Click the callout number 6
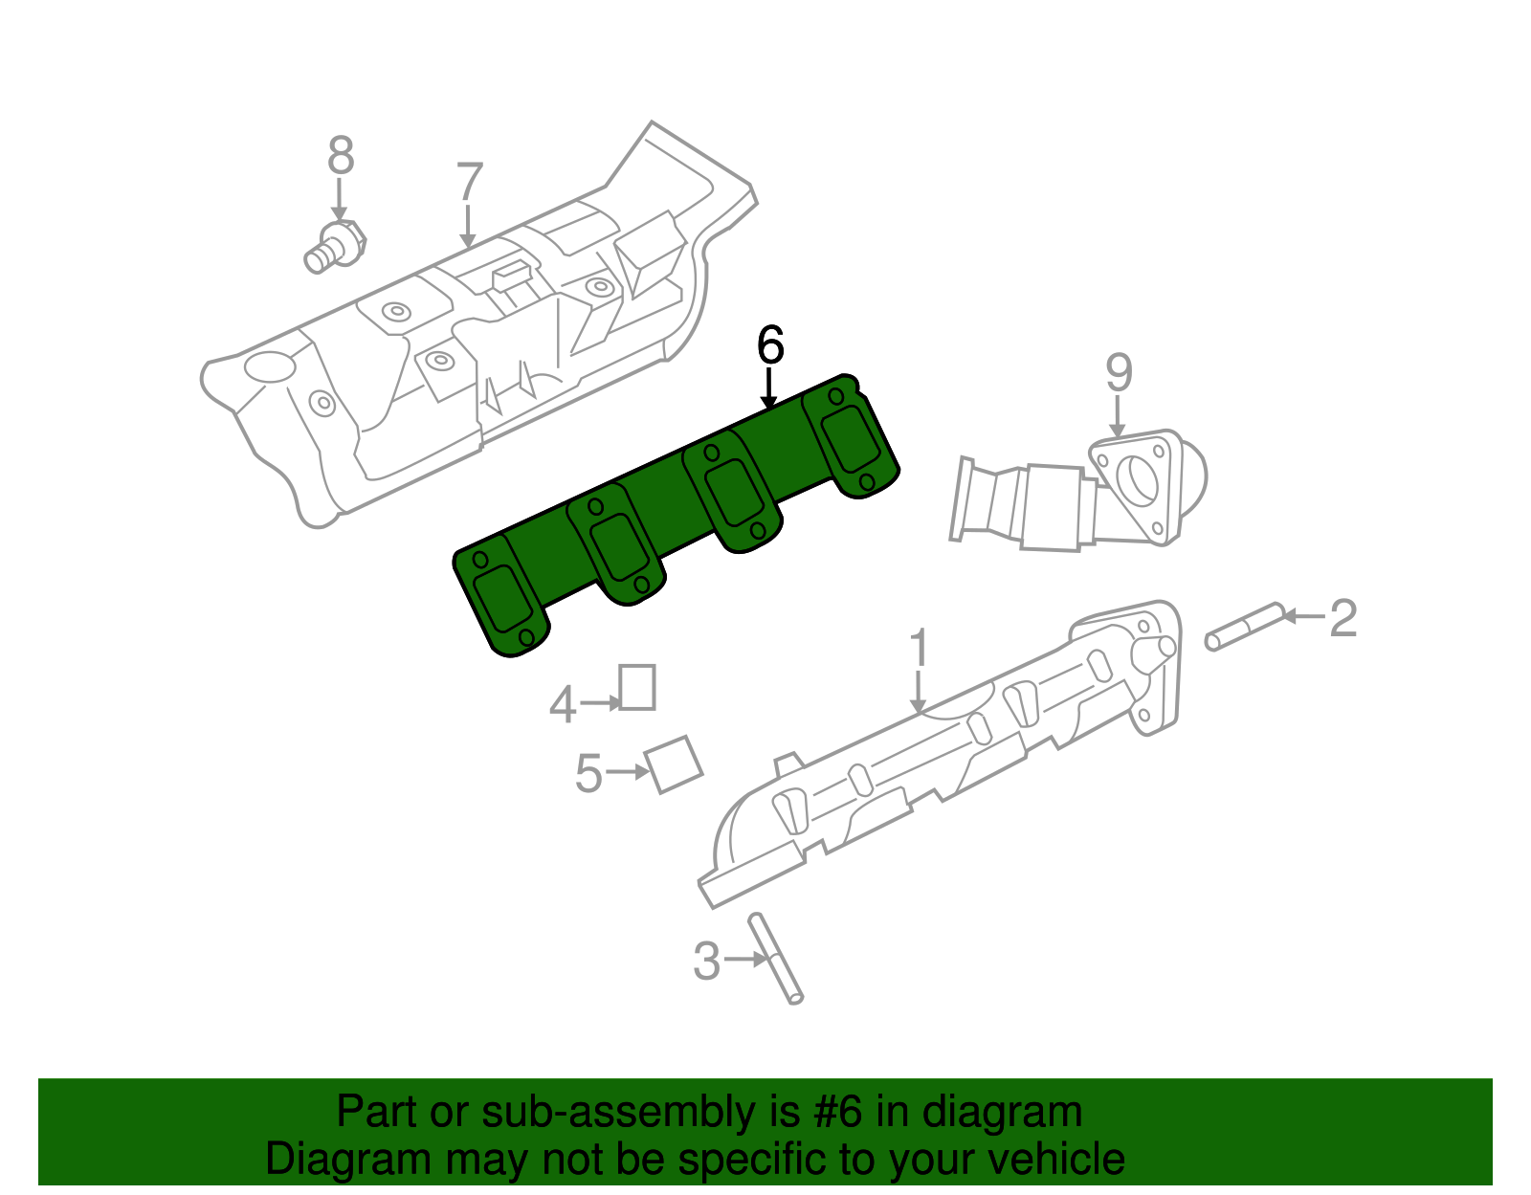point(770,345)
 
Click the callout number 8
point(341,156)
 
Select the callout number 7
point(469,183)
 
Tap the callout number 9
point(1119,373)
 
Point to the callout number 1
point(919,648)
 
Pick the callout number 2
point(1343,618)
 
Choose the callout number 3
point(706,961)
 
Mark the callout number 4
point(563,706)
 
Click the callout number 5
point(588,773)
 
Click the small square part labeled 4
point(637,687)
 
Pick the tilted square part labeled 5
point(675,763)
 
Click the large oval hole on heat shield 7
point(270,366)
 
